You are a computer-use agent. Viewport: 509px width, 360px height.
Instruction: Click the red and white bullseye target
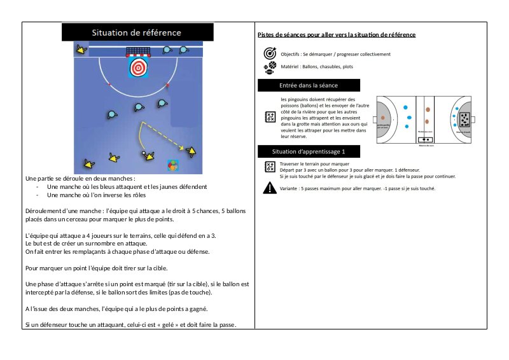pos(138,67)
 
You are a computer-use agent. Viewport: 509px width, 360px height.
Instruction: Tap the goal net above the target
pos(137,51)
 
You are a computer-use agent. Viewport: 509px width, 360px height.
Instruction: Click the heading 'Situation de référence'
pos(136,32)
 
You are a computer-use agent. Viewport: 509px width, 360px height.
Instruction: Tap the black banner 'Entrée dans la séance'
pos(309,85)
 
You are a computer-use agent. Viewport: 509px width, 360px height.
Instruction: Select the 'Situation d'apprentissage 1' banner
pos(309,151)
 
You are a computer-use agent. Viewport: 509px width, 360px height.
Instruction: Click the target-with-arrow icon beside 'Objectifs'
pos(269,53)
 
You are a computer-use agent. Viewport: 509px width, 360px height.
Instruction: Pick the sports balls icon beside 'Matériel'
pos(269,67)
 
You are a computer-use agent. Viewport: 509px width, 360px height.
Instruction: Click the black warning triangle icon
pos(269,188)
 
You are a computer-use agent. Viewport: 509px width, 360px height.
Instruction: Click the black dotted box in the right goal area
pos(464,118)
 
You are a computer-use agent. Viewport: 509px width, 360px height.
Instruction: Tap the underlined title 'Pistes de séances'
pos(286,34)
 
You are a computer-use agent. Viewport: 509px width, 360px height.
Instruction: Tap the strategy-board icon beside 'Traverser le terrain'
pos(269,167)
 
